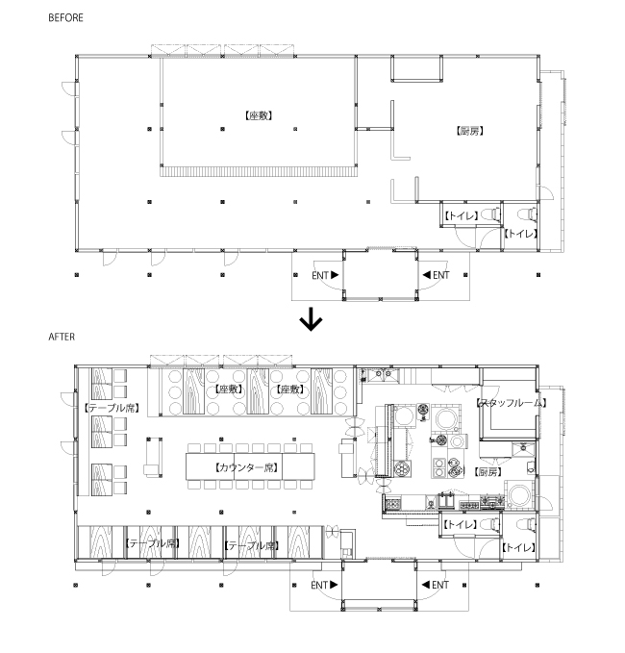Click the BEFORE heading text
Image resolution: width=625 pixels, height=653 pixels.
[61, 17]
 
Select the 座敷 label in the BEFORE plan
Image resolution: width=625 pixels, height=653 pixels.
[260, 115]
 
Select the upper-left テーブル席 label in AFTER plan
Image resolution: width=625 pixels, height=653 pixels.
[112, 409]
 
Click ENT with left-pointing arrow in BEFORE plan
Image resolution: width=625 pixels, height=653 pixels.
[435, 275]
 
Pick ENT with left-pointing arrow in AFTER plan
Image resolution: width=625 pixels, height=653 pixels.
[435, 584]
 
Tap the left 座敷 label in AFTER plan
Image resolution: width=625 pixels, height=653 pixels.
[227, 389]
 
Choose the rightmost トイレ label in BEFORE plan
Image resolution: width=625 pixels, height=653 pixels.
[520, 234]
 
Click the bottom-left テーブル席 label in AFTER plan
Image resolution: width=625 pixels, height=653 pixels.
[153, 544]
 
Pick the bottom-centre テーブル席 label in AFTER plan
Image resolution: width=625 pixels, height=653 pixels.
[251, 545]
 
